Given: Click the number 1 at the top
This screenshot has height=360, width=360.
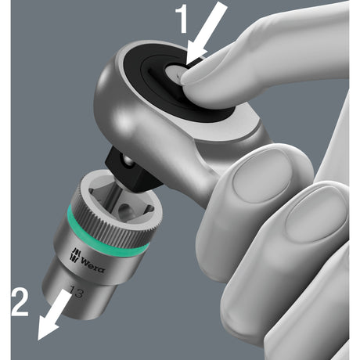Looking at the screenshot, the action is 182,20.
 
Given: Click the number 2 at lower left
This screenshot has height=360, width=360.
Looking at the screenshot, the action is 20,303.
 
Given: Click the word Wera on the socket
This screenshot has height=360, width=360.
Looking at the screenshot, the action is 93,265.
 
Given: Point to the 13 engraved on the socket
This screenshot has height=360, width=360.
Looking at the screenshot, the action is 77,292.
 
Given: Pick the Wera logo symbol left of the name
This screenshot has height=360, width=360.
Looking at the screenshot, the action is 75,254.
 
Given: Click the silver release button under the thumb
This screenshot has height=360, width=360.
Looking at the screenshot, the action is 174,74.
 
